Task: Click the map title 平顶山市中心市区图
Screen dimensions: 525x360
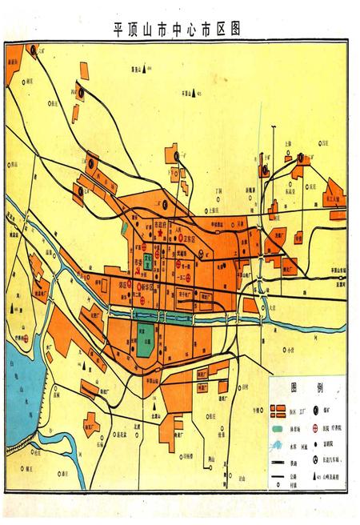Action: point(178,29)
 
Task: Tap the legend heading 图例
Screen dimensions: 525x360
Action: point(305,387)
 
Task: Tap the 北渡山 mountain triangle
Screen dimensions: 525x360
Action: point(153,407)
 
